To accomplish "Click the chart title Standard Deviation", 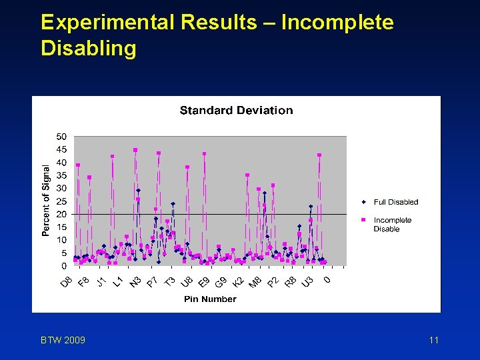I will pos(236,111).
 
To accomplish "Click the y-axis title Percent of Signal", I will pos(46,201).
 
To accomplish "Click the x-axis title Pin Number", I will pos(210,299).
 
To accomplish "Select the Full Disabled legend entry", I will pos(395,202).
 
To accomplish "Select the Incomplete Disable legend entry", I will pos(392,225).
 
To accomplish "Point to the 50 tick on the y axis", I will pos(61,137).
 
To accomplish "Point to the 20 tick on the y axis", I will pos(61,215).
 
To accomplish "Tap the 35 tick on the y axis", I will pos(61,175).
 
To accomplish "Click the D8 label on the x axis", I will pos(67,282).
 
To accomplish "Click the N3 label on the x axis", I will pos(135,282).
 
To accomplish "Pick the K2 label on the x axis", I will pos(239,282).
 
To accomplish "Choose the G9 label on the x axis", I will pos(221,282).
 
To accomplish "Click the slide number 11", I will pos(433,341).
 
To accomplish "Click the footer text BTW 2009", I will pos(63,341).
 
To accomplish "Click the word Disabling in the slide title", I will pos(88,49).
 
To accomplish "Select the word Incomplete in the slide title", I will pos(337,23).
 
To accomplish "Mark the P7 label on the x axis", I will pos(153,282).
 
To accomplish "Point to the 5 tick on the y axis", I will pos(63,253).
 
